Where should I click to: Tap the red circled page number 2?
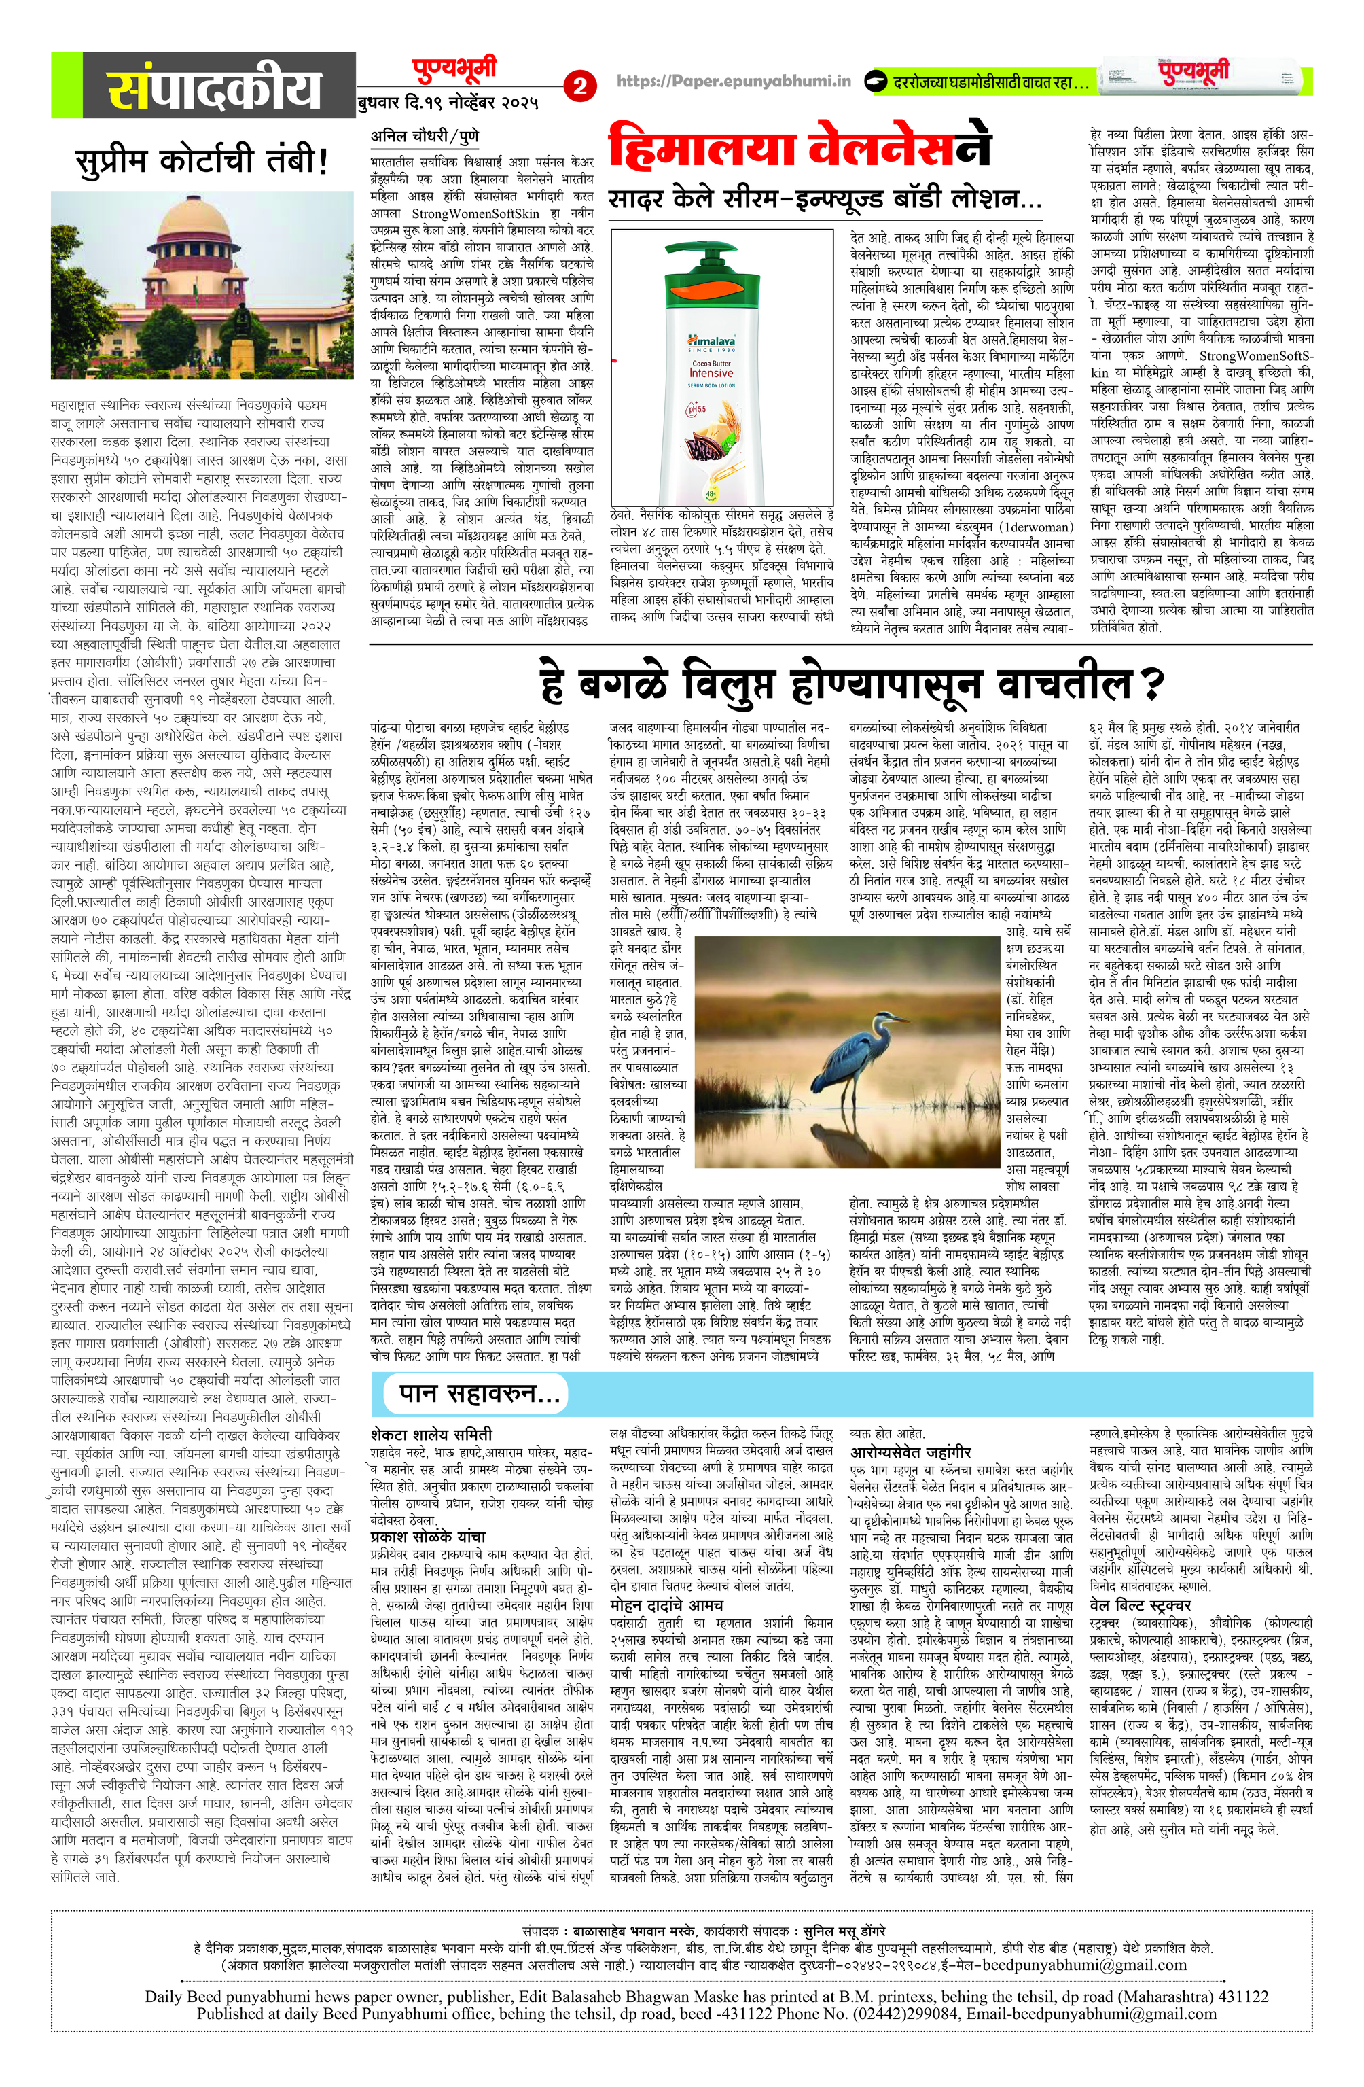[579, 86]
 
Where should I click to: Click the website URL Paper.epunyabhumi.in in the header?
[733, 82]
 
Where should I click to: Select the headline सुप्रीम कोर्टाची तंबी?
[202, 160]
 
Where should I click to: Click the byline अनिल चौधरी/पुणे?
[425, 136]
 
